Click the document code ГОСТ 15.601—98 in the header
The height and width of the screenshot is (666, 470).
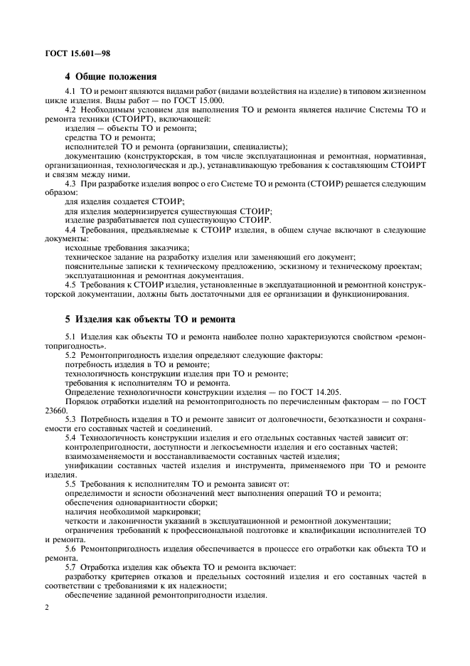[x=76, y=53]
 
